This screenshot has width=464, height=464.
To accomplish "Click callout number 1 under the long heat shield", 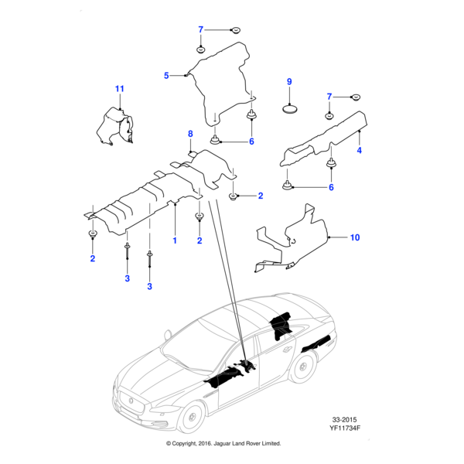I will (x=175, y=241).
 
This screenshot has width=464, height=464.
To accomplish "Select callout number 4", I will (x=359, y=151).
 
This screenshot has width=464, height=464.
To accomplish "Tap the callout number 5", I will (x=165, y=75).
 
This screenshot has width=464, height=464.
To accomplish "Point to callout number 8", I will (x=189, y=135).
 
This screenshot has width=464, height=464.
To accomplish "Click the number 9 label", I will (x=289, y=81).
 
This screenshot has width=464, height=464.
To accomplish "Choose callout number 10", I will (x=355, y=237).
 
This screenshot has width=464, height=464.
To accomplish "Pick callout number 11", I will (x=120, y=90).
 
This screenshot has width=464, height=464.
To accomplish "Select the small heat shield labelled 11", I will (x=114, y=126).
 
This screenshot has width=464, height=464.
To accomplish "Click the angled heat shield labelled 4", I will (x=325, y=138).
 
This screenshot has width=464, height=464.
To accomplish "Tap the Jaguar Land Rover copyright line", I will (x=223, y=444).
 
